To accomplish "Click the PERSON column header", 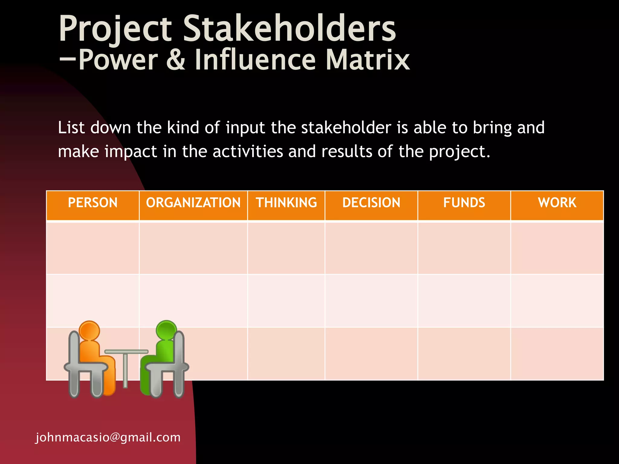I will click(92, 203).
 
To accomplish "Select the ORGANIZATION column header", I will click(193, 203).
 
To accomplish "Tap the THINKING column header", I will click(286, 203).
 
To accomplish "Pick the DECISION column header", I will click(371, 203).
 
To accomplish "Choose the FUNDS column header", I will click(464, 203).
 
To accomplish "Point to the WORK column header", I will click(557, 203).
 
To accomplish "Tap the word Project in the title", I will click(115, 29).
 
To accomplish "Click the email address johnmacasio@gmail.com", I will click(108, 437).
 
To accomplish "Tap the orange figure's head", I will click(89, 330).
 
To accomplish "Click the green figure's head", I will click(166, 329).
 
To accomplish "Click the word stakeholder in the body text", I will click(346, 127).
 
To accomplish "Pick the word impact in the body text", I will click(131, 151).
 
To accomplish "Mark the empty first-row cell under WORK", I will click(557, 248).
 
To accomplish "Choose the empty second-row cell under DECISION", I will click(371, 301).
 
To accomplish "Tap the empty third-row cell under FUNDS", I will click(464, 354).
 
